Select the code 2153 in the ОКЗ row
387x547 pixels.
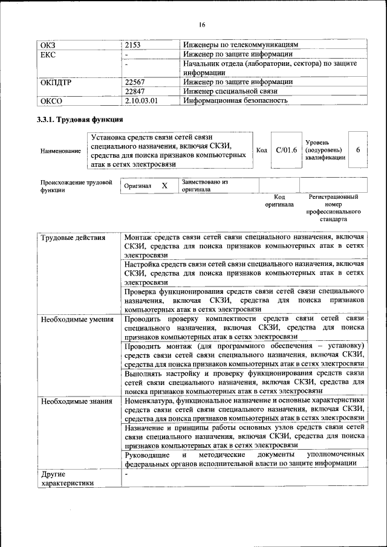132,45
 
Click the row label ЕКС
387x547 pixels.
48,54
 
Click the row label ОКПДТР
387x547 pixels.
56,82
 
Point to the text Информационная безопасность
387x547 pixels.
235,100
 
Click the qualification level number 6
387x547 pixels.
357,150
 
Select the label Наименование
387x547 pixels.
60,151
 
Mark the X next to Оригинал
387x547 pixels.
164,186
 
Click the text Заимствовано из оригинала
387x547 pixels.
204,185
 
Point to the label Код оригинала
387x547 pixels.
279,201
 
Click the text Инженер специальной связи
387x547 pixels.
227,91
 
